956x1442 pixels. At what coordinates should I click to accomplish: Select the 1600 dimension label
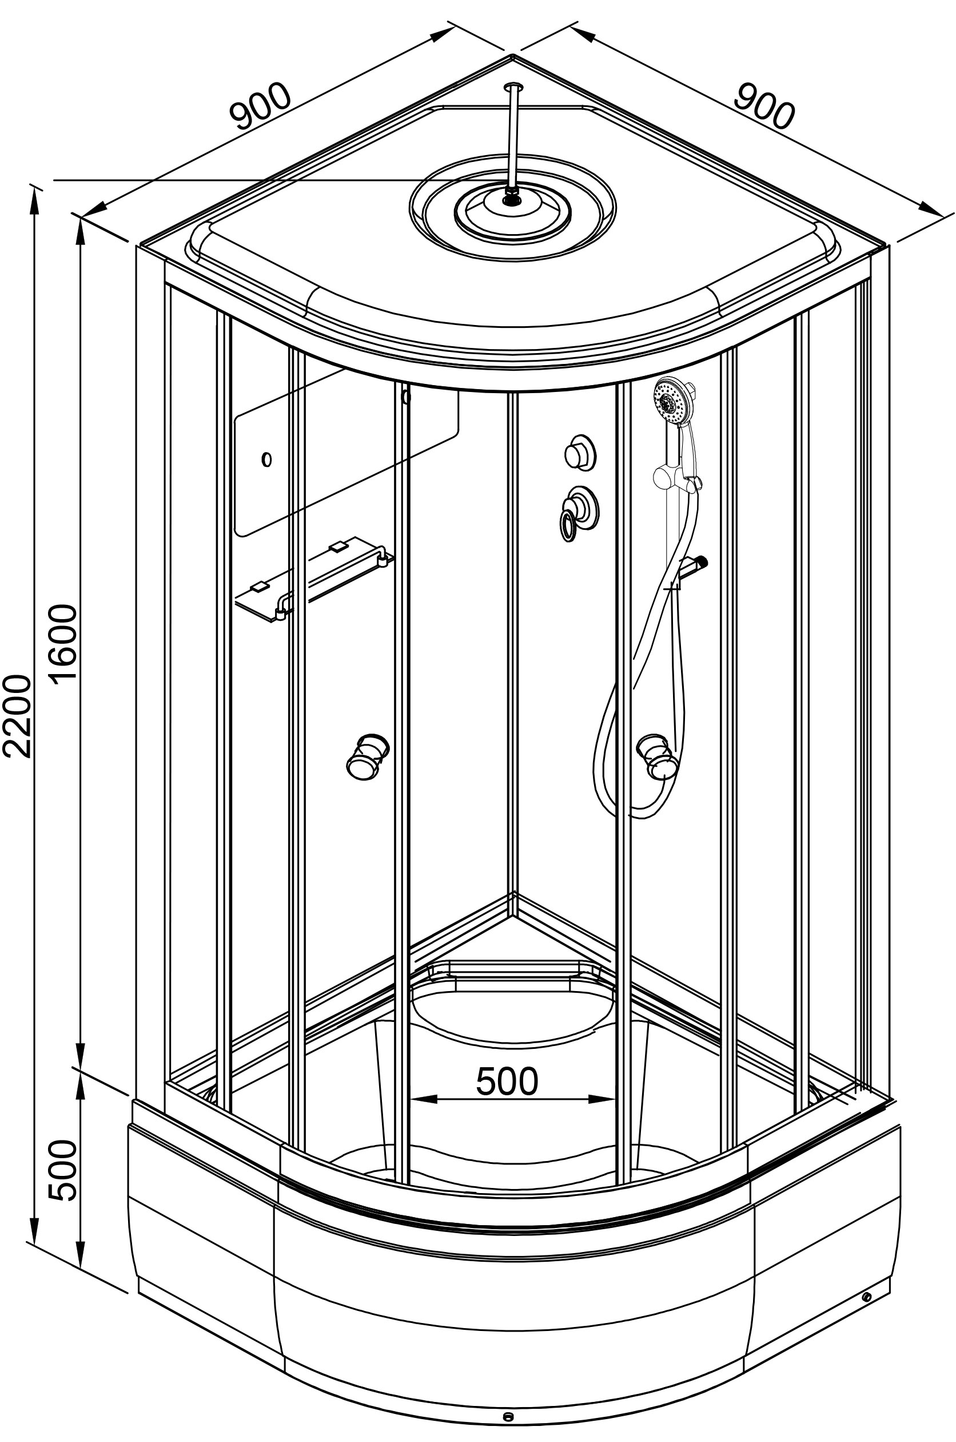pyautogui.click(x=64, y=644)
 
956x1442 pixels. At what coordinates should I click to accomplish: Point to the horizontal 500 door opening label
pyautogui.click(x=507, y=1081)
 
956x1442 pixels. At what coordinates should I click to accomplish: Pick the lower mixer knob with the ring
pyautogui.click(x=580, y=506)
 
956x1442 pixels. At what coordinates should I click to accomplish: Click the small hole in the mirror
pyautogui.click(x=266, y=459)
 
